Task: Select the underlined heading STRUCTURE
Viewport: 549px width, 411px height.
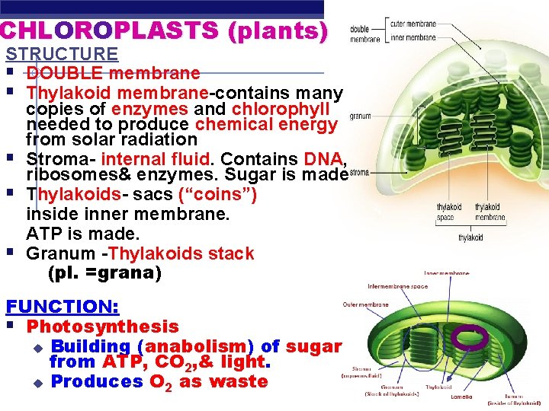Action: (x=62, y=54)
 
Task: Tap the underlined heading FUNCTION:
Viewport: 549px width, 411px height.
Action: (x=63, y=307)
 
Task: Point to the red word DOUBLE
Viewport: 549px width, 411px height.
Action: (x=65, y=74)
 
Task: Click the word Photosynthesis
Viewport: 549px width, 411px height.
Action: (x=102, y=327)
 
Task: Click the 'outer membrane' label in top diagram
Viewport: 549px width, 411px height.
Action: (x=413, y=24)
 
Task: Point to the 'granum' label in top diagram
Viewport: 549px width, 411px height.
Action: (x=361, y=116)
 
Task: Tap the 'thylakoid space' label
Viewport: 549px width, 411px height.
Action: (x=449, y=212)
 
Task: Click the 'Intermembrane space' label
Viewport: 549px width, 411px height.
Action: (x=397, y=287)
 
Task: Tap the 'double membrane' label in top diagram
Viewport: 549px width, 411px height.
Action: (x=365, y=34)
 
